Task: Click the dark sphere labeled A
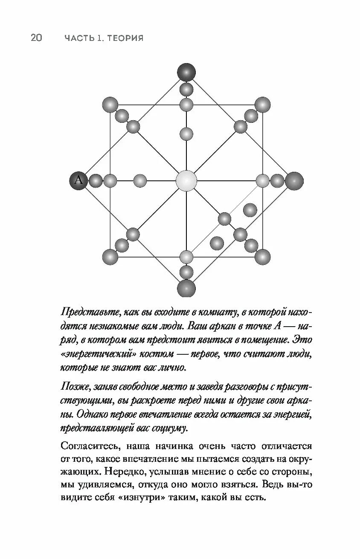tap(78, 180)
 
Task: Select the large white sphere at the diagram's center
tap(186, 180)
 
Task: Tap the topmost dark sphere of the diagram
tap(186, 72)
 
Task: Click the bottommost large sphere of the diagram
tap(186, 288)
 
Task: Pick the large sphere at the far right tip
tap(294, 181)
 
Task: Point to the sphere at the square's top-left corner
tap(110, 104)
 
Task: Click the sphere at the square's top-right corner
tap(263, 104)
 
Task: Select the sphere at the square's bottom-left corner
tap(110, 257)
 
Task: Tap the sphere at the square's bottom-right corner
tap(263, 257)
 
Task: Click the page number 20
tap(36, 38)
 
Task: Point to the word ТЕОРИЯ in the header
tap(125, 38)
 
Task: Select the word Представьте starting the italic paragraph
tap(90, 312)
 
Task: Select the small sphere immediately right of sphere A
tap(96, 181)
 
